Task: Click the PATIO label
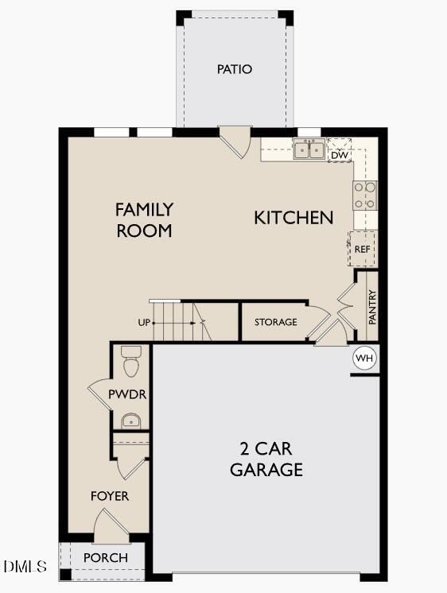pyautogui.click(x=234, y=69)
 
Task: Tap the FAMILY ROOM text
pyautogui.click(x=145, y=220)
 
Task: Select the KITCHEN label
pyautogui.click(x=293, y=217)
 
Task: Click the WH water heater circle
pyautogui.click(x=364, y=359)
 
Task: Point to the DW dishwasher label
pyautogui.click(x=339, y=155)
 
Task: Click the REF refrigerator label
pyautogui.click(x=363, y=249)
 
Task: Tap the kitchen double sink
pyautogui.click(x=308, y=149)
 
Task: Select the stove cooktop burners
pyautogui.click(x=365, y=196)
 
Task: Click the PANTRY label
pyautogui.click(x=372, y=306)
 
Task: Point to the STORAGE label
pyautogui.click(x=276, y=322)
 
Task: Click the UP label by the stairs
pyautogui.click(x=144, y=323)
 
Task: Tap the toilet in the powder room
pyautogui.click(x=131, y=362)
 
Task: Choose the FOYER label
pyautogui.click(x=109, y=496)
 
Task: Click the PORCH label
pyautogui.click(x=106, y=557)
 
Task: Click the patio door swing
pyautogui.click(x=234, y=144)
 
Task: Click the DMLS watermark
pyautogui.click(x=25, y=567)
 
